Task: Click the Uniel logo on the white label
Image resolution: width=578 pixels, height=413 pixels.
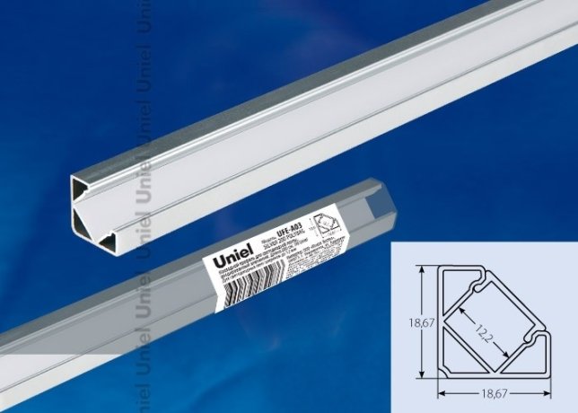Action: tap(232, 260)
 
